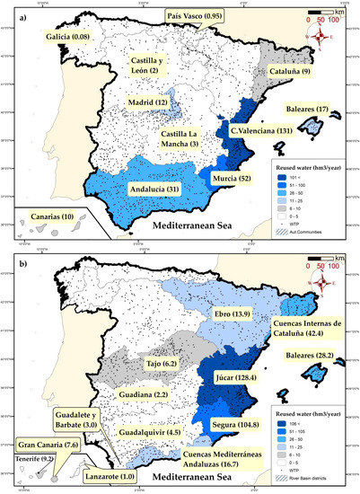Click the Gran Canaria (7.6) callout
coord(43,444)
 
